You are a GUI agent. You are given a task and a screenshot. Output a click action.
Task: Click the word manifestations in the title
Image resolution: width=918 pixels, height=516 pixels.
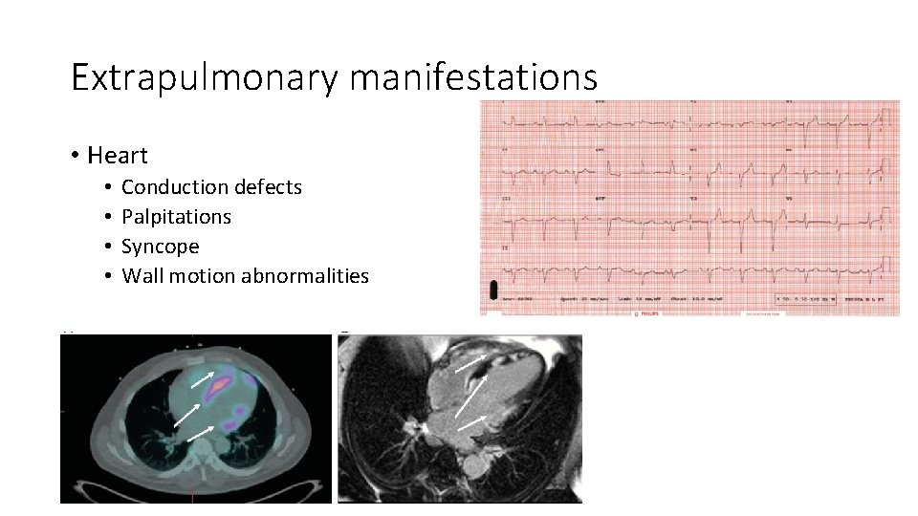coord(473,77)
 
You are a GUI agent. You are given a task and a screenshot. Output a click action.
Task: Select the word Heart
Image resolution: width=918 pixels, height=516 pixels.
coord(118,155)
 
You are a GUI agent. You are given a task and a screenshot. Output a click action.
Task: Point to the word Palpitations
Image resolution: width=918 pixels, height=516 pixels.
coord(176,217)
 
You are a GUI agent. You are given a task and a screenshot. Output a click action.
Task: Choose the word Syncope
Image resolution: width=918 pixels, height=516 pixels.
coord(161,247)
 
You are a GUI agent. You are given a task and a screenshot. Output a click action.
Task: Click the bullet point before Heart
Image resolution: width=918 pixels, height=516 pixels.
coord(74,155)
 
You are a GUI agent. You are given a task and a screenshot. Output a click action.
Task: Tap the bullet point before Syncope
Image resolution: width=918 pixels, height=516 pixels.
coord(109,247)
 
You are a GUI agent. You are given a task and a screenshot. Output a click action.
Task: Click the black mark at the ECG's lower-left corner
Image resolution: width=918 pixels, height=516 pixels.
coord(494,289)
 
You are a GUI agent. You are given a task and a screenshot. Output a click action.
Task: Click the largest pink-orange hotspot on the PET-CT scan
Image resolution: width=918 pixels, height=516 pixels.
coord(222,383)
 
